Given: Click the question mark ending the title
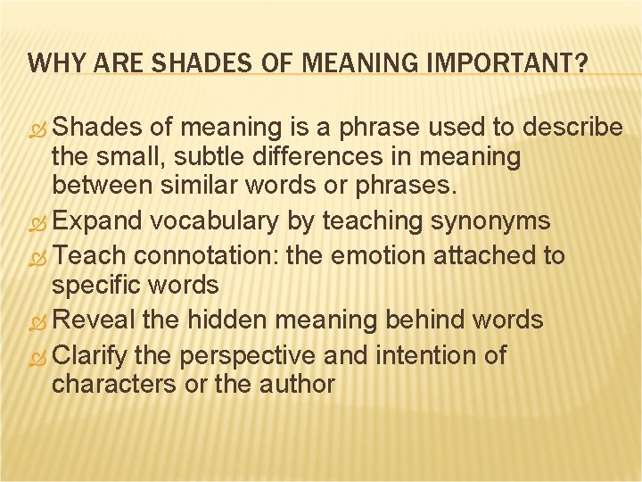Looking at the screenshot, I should [580, 63].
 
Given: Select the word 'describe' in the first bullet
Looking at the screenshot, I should [572, 128].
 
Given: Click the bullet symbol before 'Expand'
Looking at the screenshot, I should [37, 220].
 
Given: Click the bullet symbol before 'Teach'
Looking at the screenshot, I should [37, 256].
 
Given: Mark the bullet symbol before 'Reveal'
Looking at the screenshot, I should [37, 320].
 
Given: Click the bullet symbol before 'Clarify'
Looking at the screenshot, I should [37, 356].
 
